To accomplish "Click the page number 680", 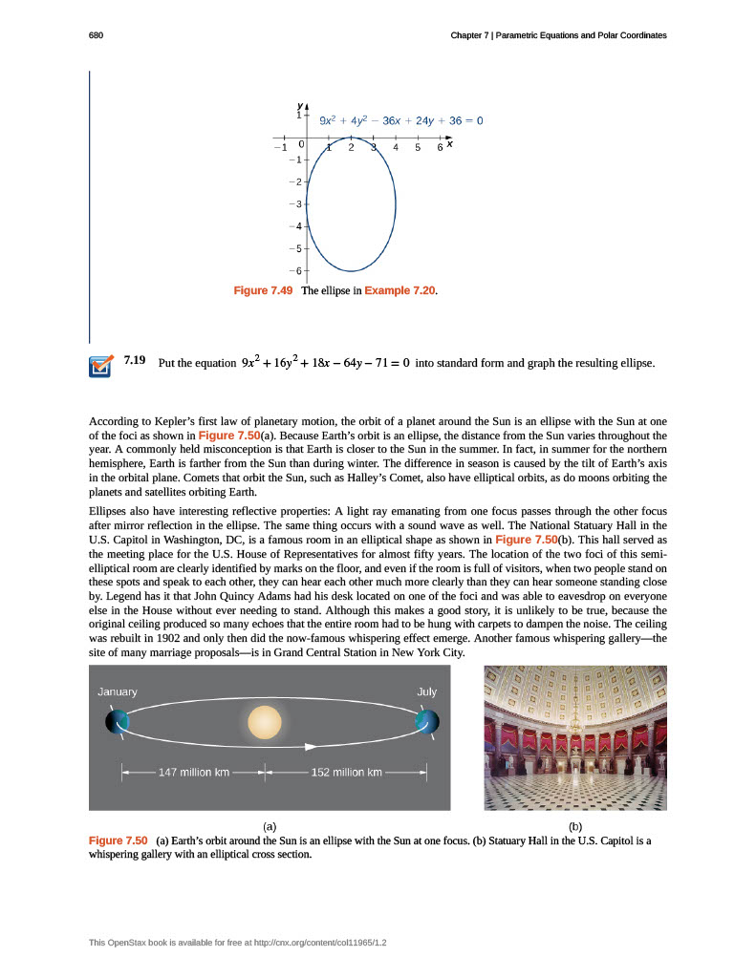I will coord(95,35).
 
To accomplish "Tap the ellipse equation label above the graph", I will coord(400,120).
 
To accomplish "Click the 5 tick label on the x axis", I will coord(418,147).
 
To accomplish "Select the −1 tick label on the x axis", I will coord(279,147).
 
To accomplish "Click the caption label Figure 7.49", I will coord(265,289).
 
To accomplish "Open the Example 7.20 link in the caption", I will coord(401,289).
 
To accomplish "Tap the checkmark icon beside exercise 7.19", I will coord(100,366).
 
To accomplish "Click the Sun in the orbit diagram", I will coord(265,722).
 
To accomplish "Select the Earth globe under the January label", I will coord(117,721).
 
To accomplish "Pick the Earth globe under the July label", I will coord(427,721).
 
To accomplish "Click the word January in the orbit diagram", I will coord(118,691).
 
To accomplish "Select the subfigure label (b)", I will coord(574,824).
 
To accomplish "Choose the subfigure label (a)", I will coord(270,824).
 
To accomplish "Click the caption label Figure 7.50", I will coord(118,840).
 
